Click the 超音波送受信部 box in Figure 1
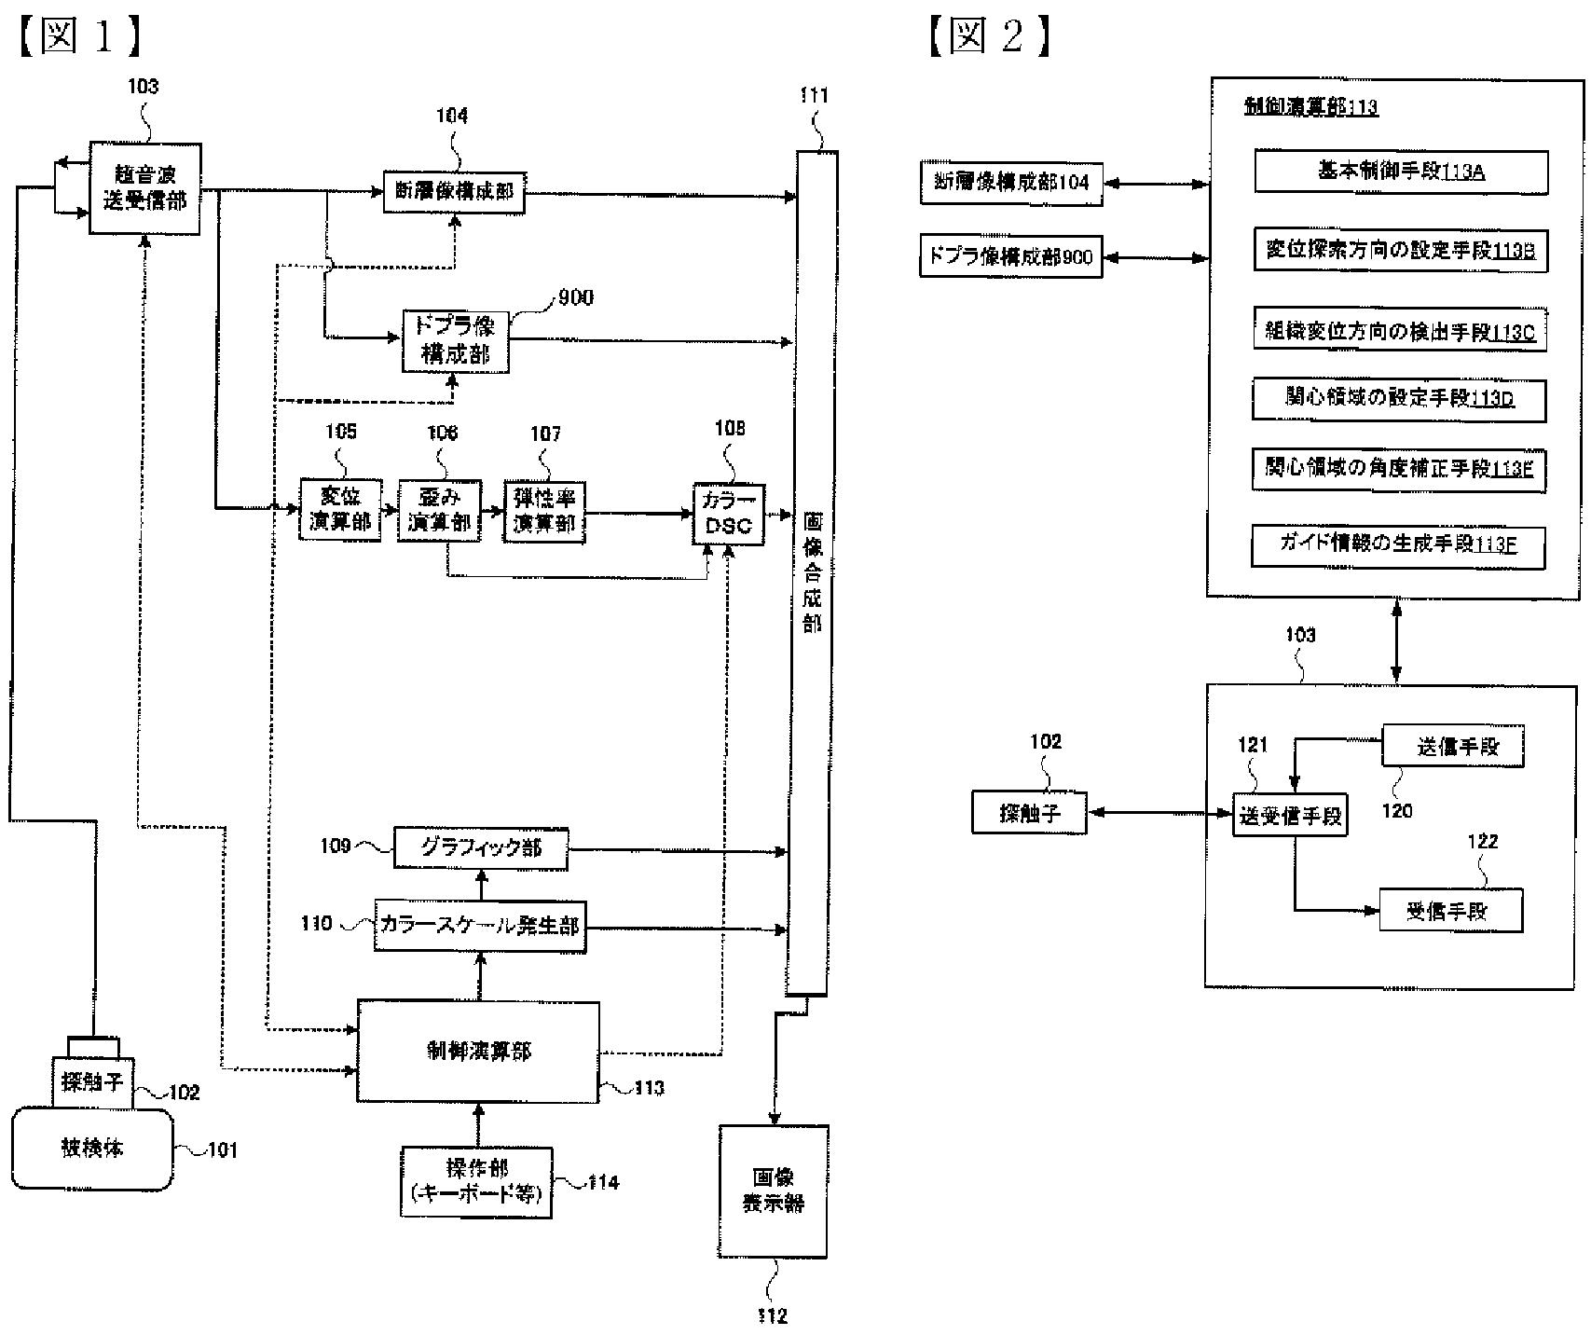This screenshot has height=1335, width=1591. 144,187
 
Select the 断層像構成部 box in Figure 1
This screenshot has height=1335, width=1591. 455,192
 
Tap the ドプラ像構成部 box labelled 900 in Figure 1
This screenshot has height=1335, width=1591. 456,341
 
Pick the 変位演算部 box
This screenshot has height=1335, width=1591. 340,510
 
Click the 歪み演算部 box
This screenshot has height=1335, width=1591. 439,511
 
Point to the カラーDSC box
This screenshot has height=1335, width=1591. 728,515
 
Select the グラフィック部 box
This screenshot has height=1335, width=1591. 480,848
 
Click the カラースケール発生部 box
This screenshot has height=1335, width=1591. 480,925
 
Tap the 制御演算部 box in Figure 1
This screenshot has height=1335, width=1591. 478,1052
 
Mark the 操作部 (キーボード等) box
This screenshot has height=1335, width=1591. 476,1182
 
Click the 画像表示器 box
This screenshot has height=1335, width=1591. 773,1190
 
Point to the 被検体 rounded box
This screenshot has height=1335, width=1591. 92,1149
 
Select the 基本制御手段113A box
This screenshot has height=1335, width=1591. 1400,172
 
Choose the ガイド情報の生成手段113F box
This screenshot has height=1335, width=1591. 1398,545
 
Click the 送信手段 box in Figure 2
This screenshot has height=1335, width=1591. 1452,747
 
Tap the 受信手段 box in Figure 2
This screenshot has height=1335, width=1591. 1450,911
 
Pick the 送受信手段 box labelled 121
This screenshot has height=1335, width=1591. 1290,816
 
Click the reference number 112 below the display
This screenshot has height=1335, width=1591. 773,1315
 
